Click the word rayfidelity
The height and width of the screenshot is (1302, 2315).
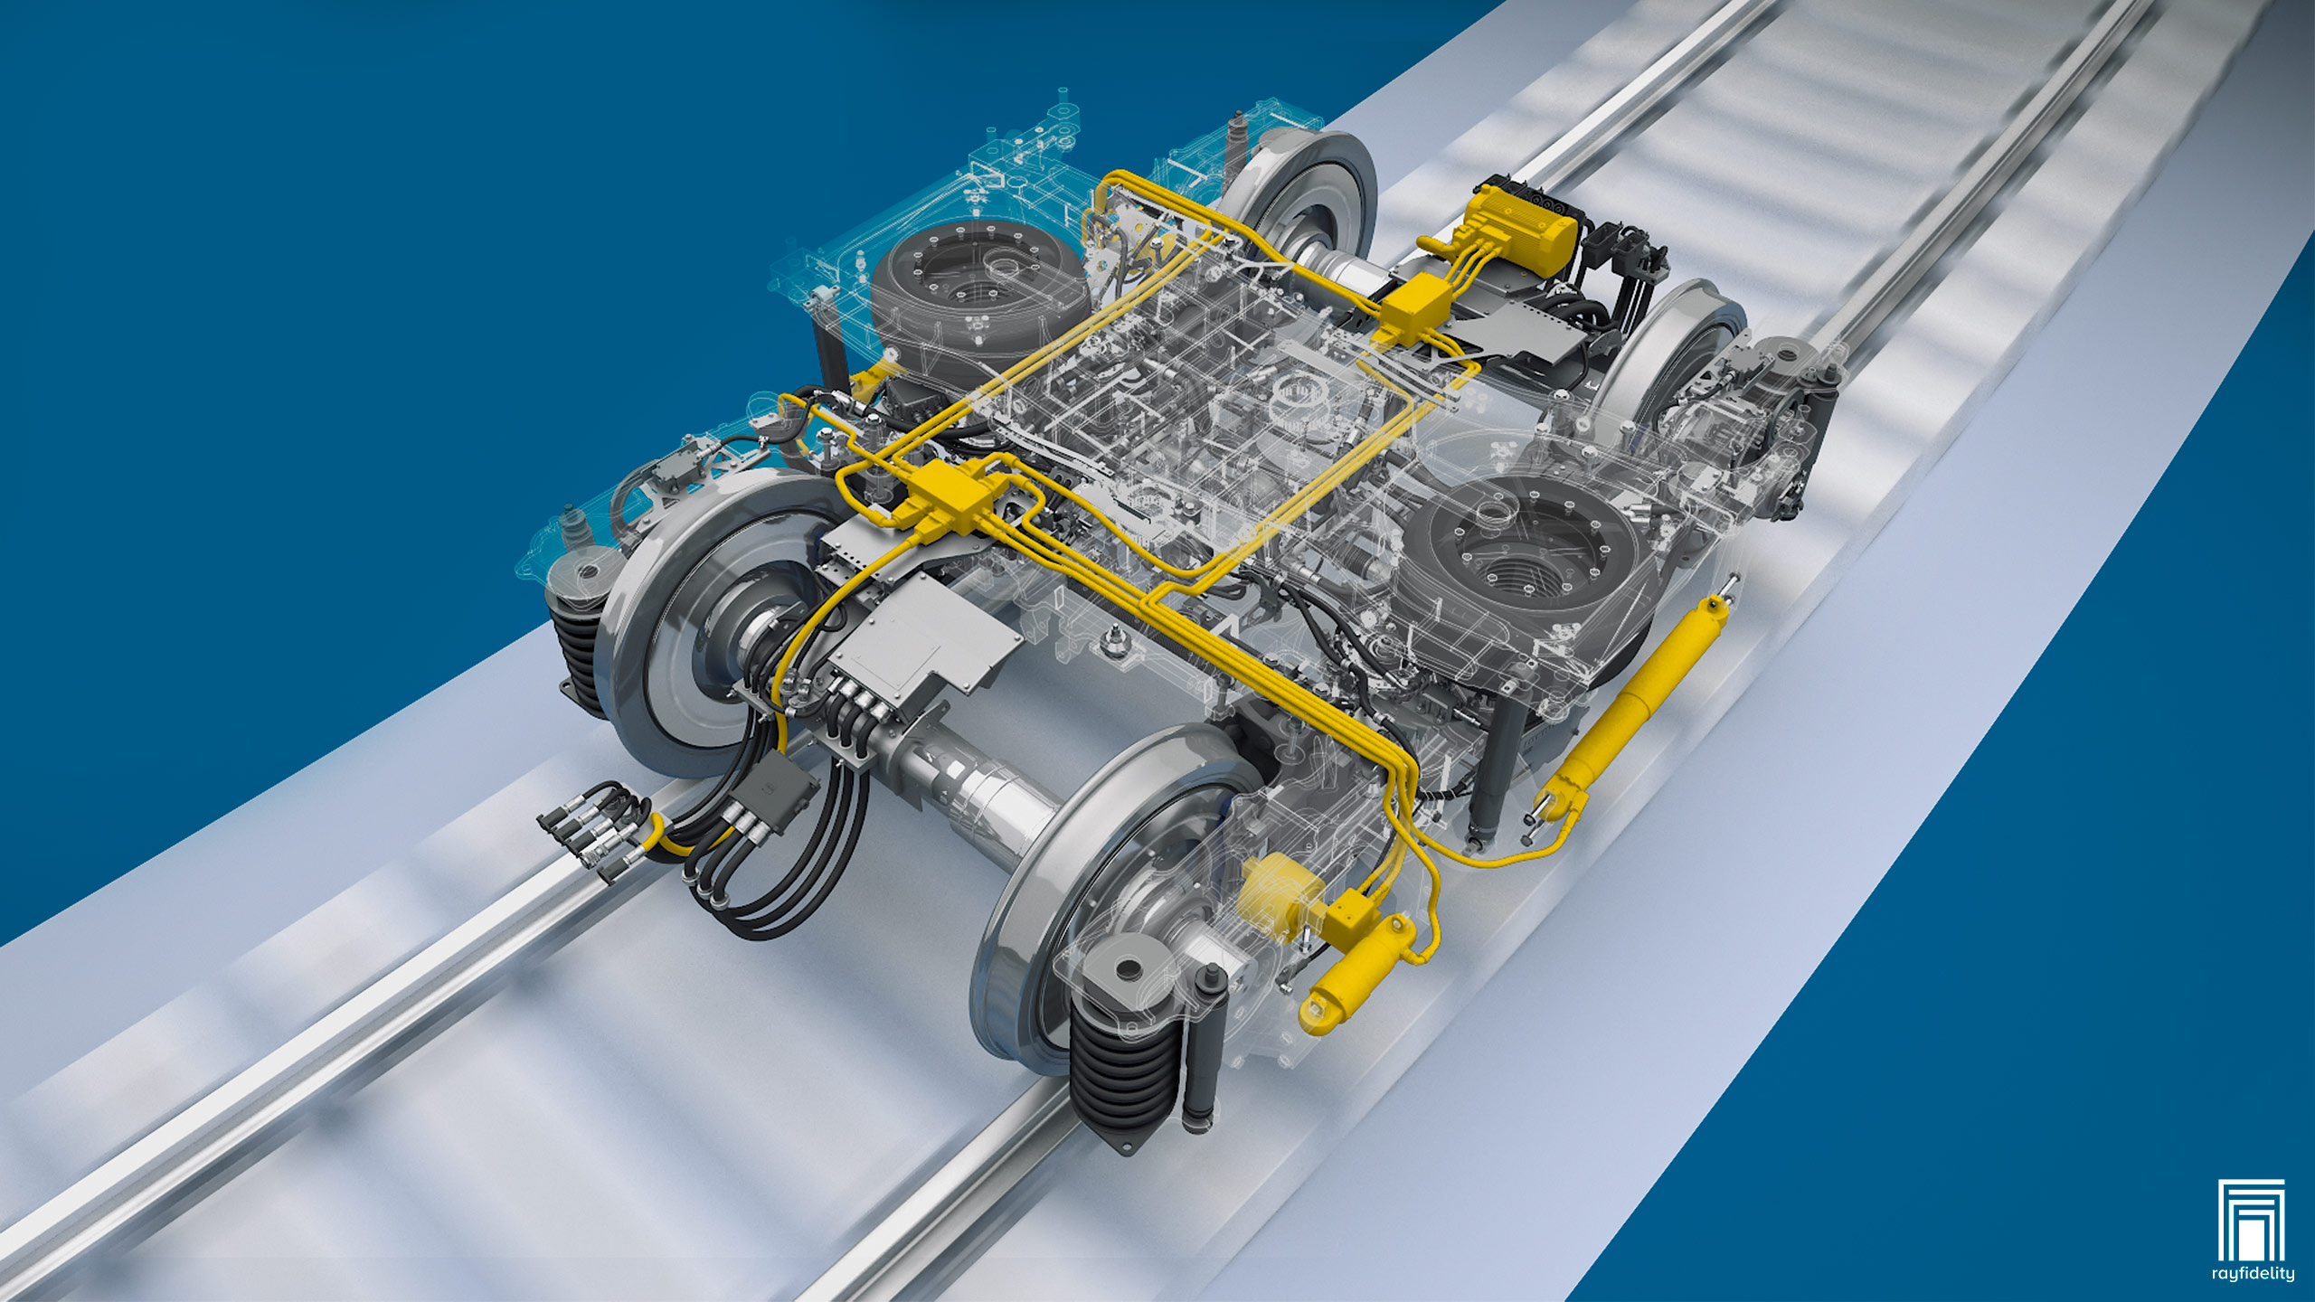point(2252,1274)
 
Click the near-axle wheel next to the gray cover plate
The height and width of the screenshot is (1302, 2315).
point(714,624)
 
